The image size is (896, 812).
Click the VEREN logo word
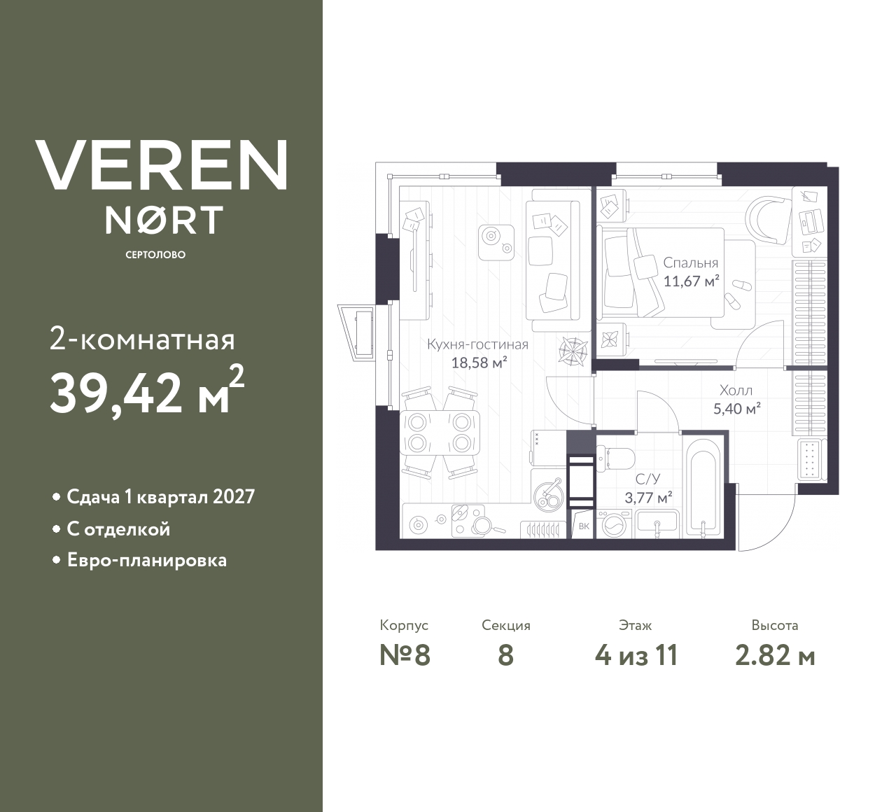pos(161,164)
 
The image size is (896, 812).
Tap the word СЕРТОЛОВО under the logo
pos(155,255)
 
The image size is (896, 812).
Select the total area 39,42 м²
pos(147,391)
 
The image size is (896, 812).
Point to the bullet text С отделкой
pos(118,528)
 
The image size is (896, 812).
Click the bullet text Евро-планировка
pos(146,561)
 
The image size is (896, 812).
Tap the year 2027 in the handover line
pos(232,496)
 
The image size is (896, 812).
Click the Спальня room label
pos(690,263)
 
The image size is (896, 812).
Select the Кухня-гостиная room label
pos(477,344)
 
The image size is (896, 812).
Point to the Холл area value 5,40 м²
pos(736,409)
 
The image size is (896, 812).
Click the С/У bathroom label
pos(645,480)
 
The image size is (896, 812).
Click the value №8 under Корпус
pos(405,656)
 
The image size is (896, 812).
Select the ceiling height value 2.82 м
pos(775,656)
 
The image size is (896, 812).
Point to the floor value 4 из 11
pos(636,656)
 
